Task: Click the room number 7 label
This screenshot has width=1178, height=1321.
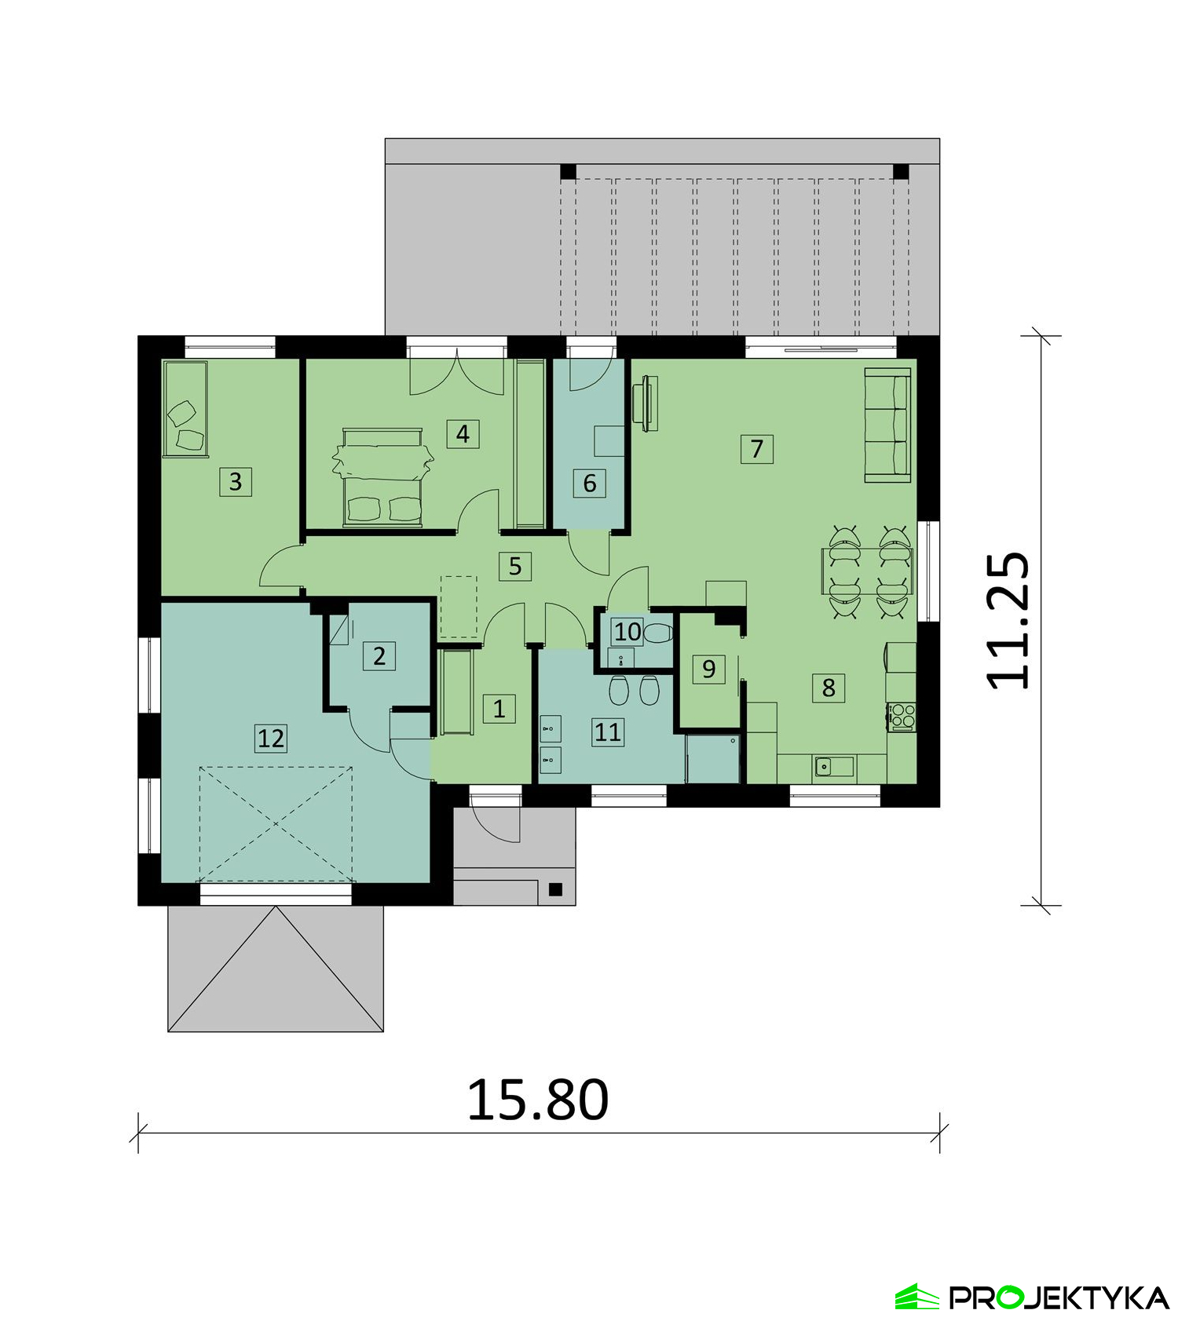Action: coord(756,448)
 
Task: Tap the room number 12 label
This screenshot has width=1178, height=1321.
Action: coord(271,738)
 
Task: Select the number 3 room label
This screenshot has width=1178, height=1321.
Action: coord(236,481)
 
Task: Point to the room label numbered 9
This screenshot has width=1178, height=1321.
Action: coord(708,669)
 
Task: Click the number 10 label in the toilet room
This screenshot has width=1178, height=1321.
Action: coord(627,631)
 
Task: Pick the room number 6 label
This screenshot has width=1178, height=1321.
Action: coord(590,483)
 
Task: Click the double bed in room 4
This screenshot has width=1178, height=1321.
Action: coord(383,476)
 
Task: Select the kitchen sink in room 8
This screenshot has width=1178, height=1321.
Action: coord(833,765)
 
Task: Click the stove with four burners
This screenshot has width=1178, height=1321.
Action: coord(902,717)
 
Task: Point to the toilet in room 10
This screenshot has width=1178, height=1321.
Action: coord(657,632)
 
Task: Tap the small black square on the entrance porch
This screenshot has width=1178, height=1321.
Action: coord(555,889)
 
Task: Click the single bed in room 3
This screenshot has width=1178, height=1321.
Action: coord(185,408)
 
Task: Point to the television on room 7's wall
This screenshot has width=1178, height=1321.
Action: coord(646,403)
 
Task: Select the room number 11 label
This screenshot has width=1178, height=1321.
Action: coord(608,732)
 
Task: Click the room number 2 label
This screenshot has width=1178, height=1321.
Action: coord(379,655)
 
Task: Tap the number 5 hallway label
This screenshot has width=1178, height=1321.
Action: coord(515,565)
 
